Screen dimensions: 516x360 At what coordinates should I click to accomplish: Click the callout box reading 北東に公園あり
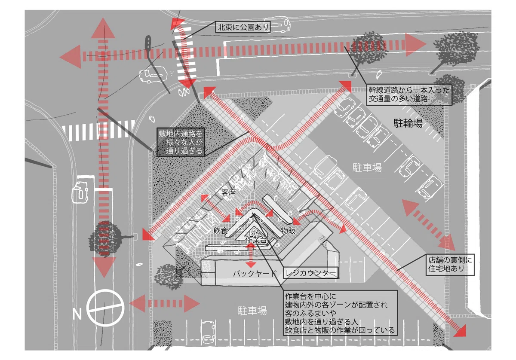(243, 27)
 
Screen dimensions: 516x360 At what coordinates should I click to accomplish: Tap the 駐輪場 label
(408, 123)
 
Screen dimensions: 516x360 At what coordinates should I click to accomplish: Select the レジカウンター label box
(310, 273)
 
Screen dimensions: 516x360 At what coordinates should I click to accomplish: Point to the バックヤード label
(255, 274)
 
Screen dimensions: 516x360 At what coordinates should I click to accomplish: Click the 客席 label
(228, 192)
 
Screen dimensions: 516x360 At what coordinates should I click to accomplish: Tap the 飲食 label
(221, 230)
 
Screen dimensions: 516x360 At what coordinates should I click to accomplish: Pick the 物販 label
(288, 230)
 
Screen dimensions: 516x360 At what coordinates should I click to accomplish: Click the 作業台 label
(256, 240)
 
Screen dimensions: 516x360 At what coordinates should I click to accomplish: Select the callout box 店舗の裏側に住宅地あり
(450, 265)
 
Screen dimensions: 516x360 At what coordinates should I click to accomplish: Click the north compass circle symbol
(105, 308)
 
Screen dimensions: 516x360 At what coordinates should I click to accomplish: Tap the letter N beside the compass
(77, 314)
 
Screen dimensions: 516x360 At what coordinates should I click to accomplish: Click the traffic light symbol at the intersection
(148, 43)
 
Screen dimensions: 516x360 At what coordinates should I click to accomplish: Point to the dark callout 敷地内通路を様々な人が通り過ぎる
(181, 142)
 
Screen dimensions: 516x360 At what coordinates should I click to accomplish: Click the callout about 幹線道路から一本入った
(409, 95)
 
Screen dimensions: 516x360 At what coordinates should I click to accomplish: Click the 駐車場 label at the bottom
(252, 311)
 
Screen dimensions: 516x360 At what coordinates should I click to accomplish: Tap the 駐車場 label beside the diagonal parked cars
(367, 168)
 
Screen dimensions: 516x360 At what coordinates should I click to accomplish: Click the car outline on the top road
(277, 24)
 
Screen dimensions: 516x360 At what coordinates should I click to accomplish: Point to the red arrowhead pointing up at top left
(103, 28)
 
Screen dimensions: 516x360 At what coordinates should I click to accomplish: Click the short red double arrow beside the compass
(164, 304)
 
